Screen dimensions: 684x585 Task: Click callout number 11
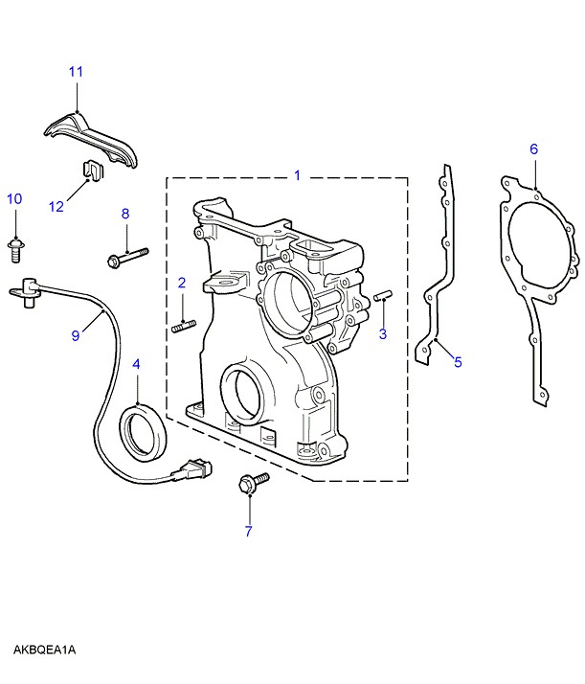pyautogui.click(x=77, y=72)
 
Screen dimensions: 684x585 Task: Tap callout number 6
pyautogui.click(x=534, y=148)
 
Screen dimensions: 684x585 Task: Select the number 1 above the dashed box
pyautogui.click(x=297, y=175)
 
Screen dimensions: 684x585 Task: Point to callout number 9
pyautogui.click(x=77, y=333)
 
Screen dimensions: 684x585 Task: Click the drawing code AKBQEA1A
pyautogui.click(x=44, y=650)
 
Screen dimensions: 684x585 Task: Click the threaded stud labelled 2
pyautogui.click(x=182, y=326)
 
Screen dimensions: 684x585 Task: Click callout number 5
pyautogui.click(x=458, y=361)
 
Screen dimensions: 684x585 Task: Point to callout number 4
pyautogui.click(x=136, y=365)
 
